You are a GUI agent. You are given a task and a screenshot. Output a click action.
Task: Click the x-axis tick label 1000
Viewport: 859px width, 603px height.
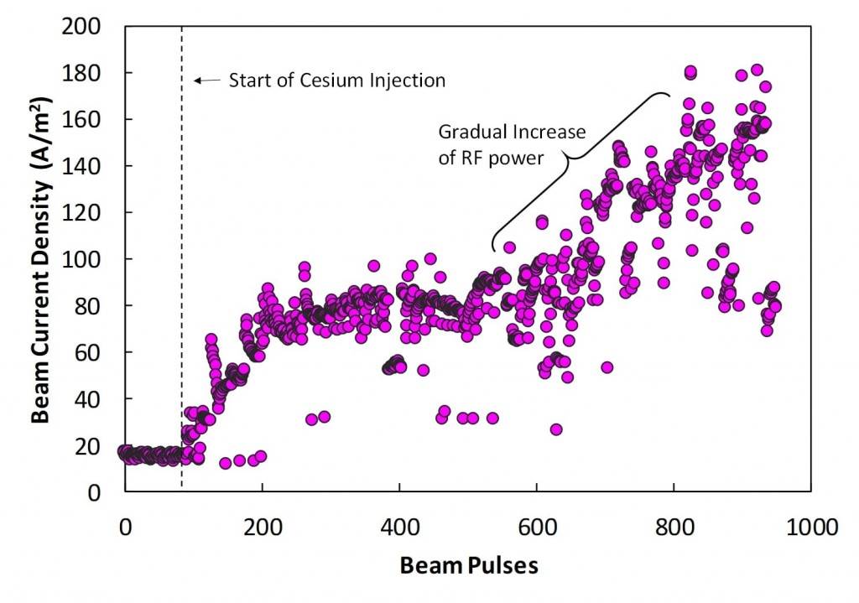tap(810, 528)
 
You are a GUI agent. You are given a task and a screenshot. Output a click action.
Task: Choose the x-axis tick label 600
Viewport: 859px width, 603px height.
tap(536, 528)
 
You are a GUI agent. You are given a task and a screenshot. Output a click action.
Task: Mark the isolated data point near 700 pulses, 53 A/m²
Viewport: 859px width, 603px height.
tap(607, 367)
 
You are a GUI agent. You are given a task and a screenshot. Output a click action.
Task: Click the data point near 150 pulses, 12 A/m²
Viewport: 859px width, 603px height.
tap(225, 463)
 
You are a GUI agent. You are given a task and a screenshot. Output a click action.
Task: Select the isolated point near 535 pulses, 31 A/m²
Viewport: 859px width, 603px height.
tap(492, 418)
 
